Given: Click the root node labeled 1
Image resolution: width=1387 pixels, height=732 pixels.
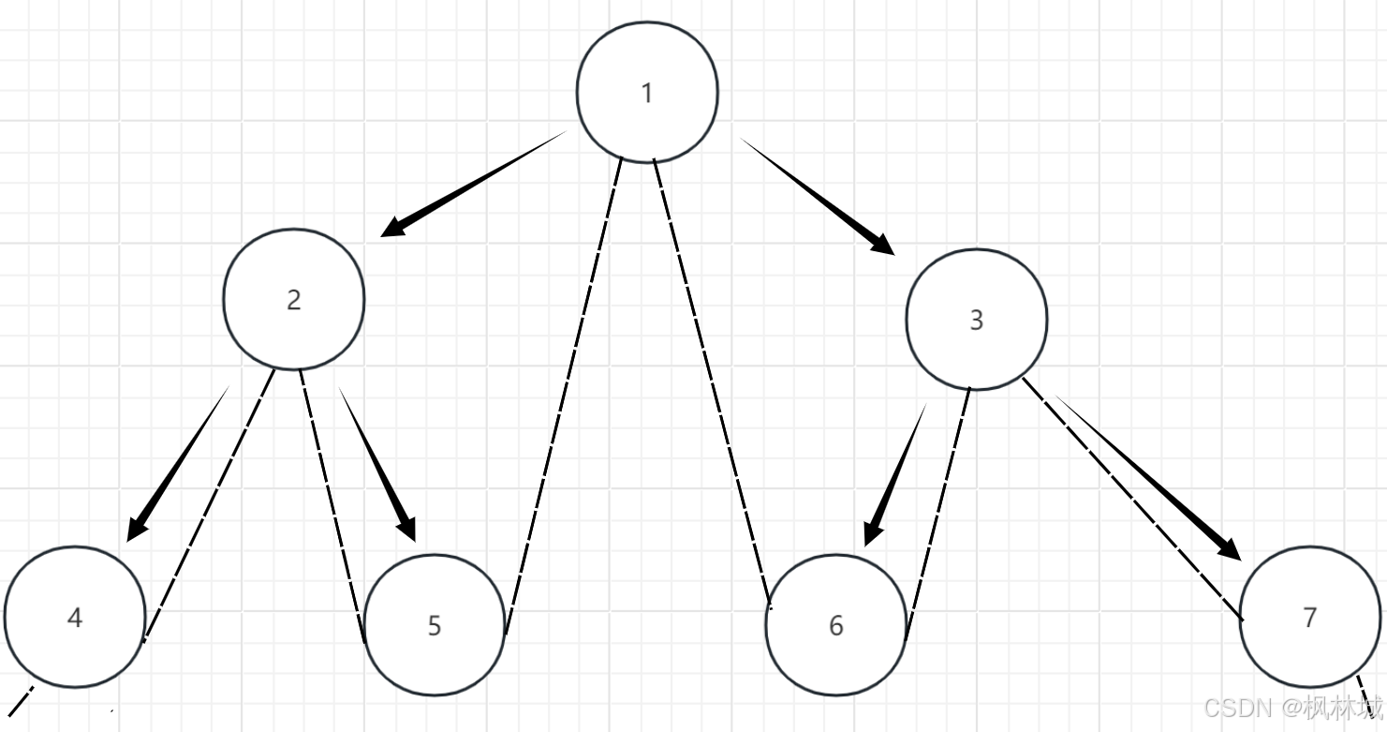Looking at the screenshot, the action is tap(647, 92).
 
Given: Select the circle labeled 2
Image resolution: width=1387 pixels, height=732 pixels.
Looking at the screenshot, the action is tap(293, 299).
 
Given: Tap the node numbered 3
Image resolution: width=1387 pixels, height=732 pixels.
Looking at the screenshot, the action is tap(976, 320).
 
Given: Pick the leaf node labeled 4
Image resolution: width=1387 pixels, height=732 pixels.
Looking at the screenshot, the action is tap(75, 617).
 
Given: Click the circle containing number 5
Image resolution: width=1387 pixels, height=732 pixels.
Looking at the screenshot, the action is tap(434, 624).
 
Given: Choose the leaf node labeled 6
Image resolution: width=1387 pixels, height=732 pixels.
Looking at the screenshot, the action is tap(835, 624).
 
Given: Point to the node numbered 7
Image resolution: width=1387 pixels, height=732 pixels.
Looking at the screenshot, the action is tap(1309, 617).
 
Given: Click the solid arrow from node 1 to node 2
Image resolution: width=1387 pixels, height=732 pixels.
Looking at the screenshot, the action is tap(474, 184).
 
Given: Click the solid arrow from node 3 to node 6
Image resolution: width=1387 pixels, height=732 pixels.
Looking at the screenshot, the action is tap(895, 474).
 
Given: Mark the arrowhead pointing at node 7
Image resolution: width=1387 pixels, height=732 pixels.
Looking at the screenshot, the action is tap(1229, 547).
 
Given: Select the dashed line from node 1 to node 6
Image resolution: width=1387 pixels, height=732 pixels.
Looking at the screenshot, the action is tap(712, 384).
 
